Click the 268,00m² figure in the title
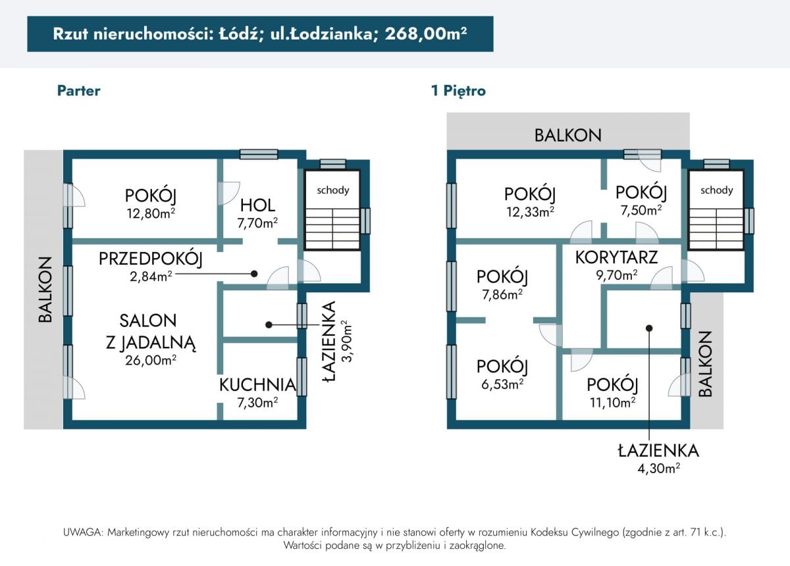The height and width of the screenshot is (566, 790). tap(426, 34)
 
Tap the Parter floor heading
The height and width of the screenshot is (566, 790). tap(78, 91)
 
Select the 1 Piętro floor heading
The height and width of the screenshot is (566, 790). tap(458, 91)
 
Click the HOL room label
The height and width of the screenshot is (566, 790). tap(257, 205)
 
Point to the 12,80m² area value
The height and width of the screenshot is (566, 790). tap(151, 213)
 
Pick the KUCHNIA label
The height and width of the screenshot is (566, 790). tap(257, 385)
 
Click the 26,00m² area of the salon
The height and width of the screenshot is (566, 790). tap(151, 361)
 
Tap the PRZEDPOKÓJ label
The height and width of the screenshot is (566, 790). tap(151, 259)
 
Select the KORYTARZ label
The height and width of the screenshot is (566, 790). tap(616, 257)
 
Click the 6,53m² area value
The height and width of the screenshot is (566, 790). tap(502, 384)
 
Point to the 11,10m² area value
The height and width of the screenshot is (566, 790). tap(613, 402)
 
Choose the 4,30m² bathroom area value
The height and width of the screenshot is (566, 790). tap(658, 469)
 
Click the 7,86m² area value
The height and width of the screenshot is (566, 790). tap(502, 294)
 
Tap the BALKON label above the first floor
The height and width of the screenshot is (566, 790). tap(567, 136)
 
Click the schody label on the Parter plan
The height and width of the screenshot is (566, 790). tap(333, 190)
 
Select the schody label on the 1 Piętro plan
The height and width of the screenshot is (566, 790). tap(717, 190)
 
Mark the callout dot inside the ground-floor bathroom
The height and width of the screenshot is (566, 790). tap(269, 324)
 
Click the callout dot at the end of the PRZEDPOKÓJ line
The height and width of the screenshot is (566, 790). tap(254, 274)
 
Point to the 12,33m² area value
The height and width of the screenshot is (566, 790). tap(530, 212)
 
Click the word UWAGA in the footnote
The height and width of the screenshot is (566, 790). tap(83, 532)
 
